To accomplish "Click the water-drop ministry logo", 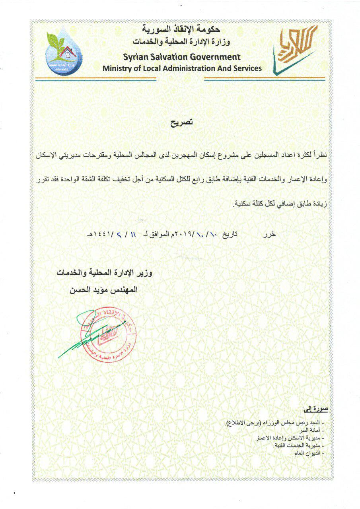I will [x=64, y=51].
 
